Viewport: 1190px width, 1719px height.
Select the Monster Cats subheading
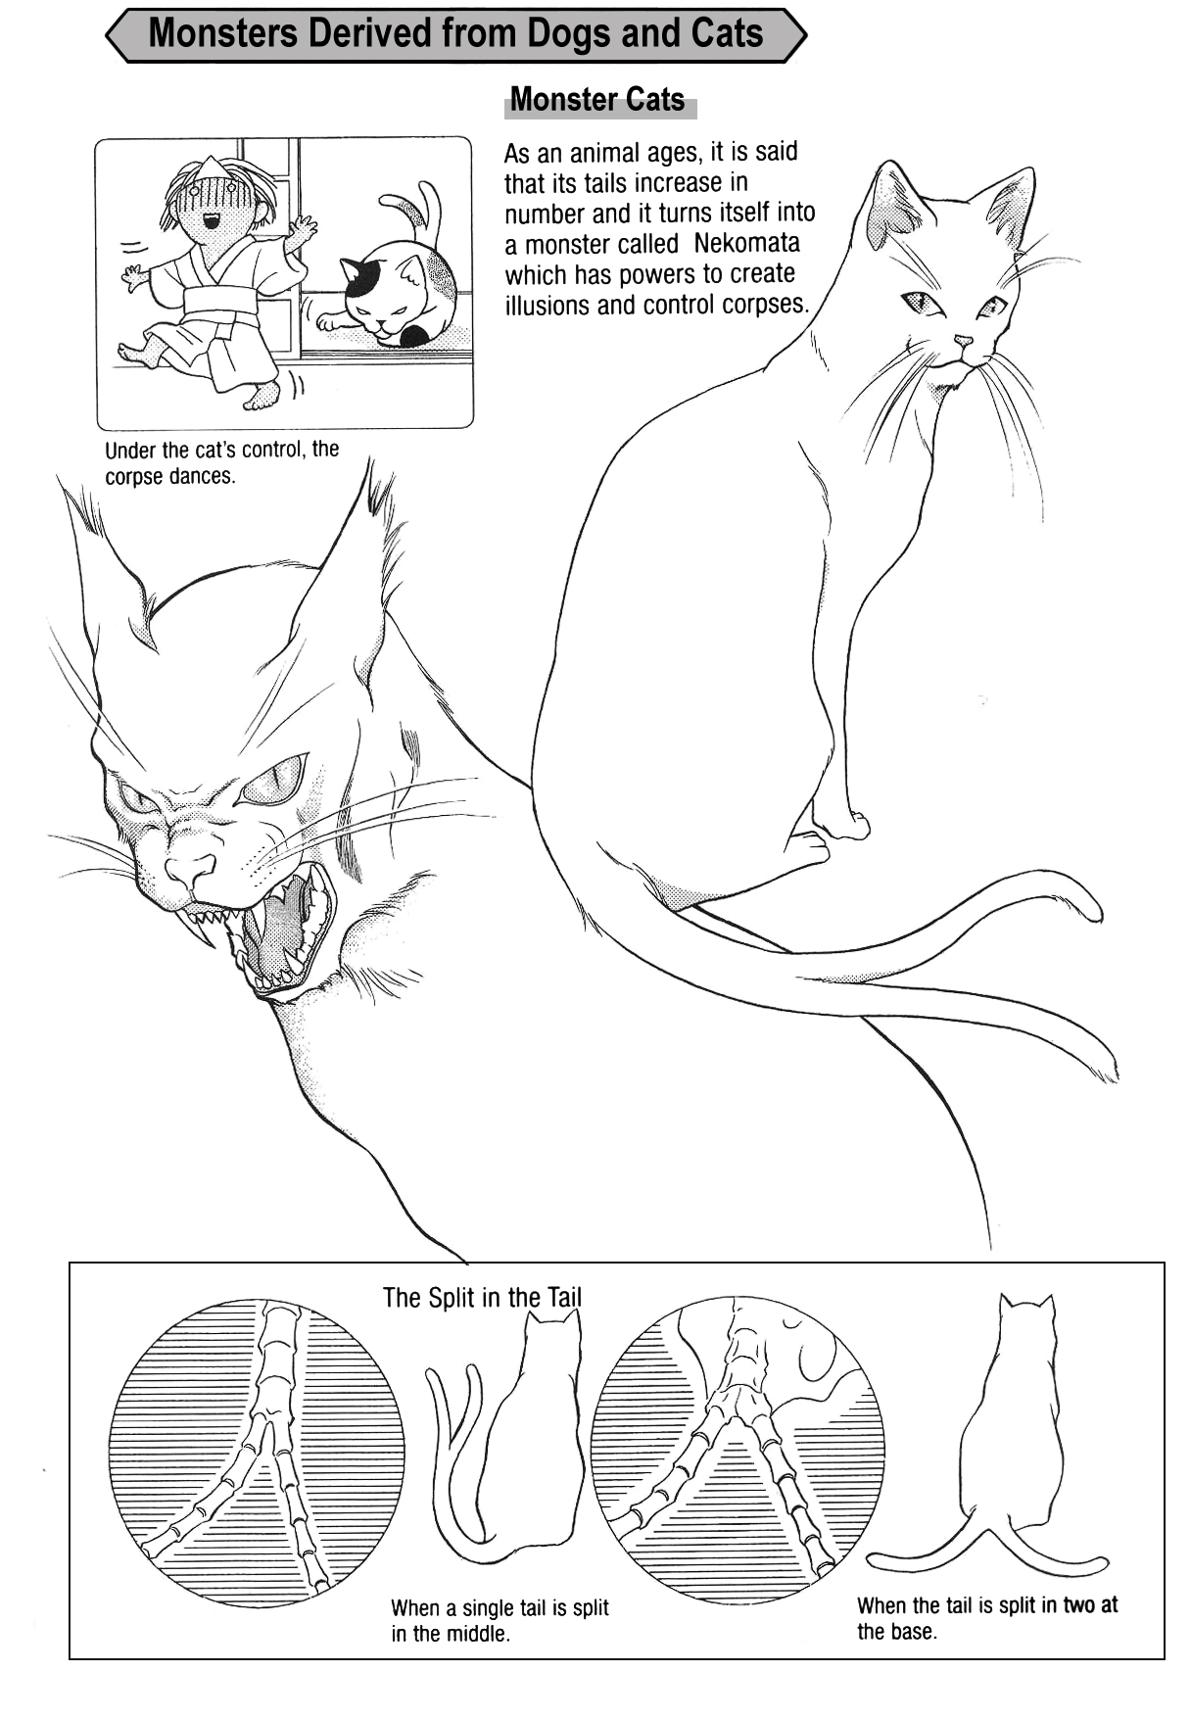(597, 99)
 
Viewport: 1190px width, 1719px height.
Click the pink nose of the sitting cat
(964, 342)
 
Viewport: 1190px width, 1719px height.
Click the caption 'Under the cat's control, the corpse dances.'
(221, 463)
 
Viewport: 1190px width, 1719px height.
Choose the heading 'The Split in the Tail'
(482, 1298)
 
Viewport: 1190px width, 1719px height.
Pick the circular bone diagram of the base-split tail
(738, 1450)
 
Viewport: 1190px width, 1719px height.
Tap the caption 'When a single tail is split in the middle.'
(500, 1620)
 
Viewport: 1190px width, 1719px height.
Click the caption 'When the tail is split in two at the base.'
(987, 1618)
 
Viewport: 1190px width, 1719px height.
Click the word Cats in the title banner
(725, 35)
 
